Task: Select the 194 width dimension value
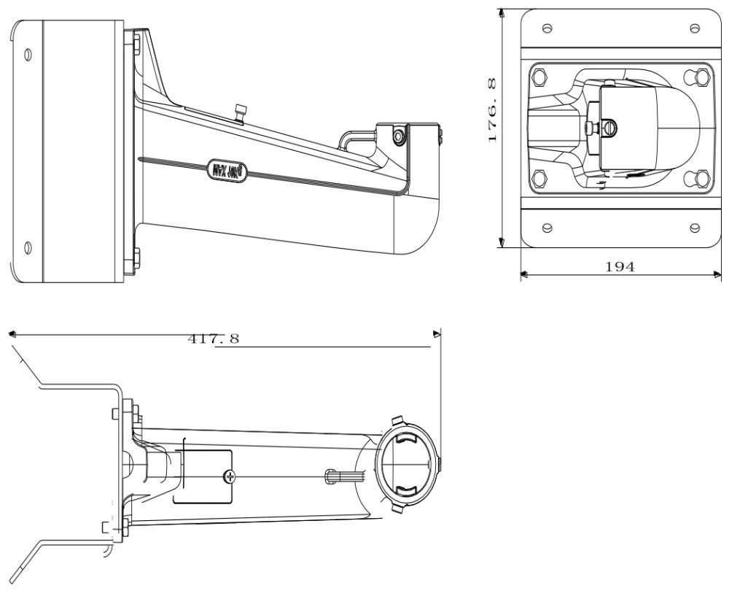[620, 266]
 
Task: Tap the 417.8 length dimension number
[214, 339]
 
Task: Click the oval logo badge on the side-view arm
[227, 171]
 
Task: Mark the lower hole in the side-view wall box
[28, 247]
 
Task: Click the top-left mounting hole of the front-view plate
[547, 28]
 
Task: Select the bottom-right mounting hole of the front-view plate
[693, 227]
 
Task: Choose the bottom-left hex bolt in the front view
[539, 178]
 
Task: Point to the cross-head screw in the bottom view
[231, 478]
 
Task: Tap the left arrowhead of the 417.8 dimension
[12, 335]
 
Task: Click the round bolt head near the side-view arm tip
[397, 136]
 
